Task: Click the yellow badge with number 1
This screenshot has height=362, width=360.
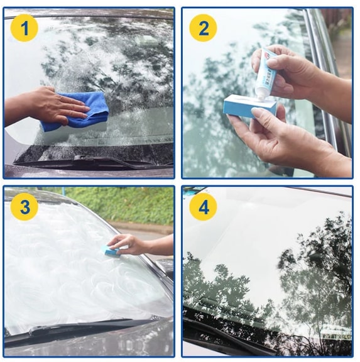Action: tap(25, 28)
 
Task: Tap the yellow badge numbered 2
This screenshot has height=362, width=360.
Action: tap(203, 28)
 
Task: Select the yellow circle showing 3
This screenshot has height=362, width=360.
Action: tap(25, 207)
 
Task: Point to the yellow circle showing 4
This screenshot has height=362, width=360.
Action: tap(203, 207)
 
